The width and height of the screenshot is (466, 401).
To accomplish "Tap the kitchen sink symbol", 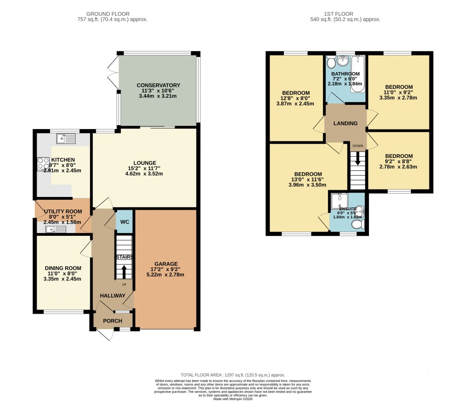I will [66, 139].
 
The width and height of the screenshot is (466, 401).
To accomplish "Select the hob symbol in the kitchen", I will [40, 164].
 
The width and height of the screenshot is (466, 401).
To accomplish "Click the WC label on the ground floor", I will [124, 222].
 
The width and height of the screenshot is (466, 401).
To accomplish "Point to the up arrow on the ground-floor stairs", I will [124, 271].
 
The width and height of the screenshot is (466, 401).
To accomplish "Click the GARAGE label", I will [166, 264].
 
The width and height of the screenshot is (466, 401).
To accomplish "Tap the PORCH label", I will [113, 321].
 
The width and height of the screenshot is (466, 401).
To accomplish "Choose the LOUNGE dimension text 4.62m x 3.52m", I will [144, 174].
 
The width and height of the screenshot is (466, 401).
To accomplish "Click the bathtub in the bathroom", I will [358, 74].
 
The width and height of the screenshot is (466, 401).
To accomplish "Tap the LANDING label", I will [345, 123].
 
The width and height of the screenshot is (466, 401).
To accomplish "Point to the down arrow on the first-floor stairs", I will [358, 160].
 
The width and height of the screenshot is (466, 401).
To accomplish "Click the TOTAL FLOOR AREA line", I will [233, 375].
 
